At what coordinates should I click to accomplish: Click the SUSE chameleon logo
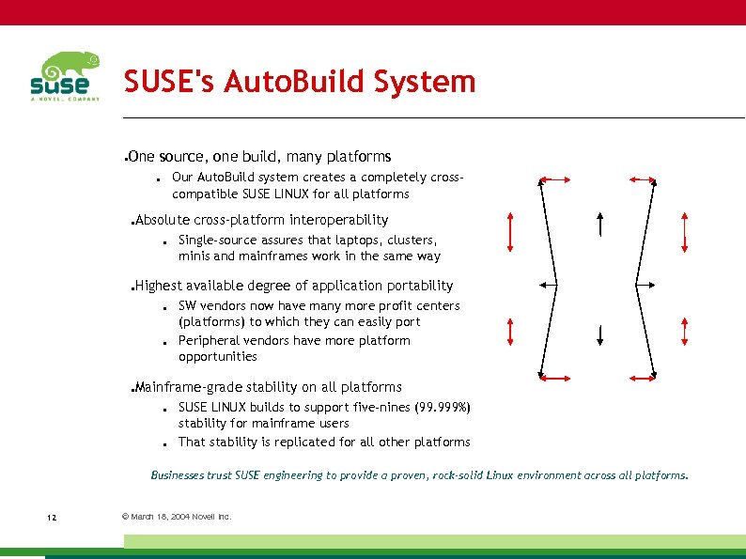pyautogui.click(x=64, y=76)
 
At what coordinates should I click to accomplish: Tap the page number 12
pyautogui.click(x=51, y=518)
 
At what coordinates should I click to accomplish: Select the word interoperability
pyautogui.click(x=338, y=220)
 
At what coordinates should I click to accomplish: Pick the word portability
pyautogui.click(x=418, y=286)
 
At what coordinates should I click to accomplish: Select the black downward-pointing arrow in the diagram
pyautogui.click(x=600, y=334)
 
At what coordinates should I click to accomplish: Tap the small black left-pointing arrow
pyautogui.click(x=547, y=282)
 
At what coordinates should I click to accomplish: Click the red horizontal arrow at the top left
pyautogui.click(x=555, y=179)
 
